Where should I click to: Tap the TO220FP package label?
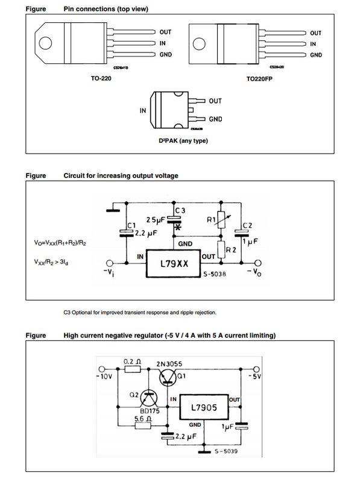(259, 78)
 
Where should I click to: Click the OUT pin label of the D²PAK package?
(215, 101)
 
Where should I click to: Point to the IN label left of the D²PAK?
(144, 111)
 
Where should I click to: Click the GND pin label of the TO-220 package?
(166, 55)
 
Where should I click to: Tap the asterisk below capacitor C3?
(178, 228)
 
